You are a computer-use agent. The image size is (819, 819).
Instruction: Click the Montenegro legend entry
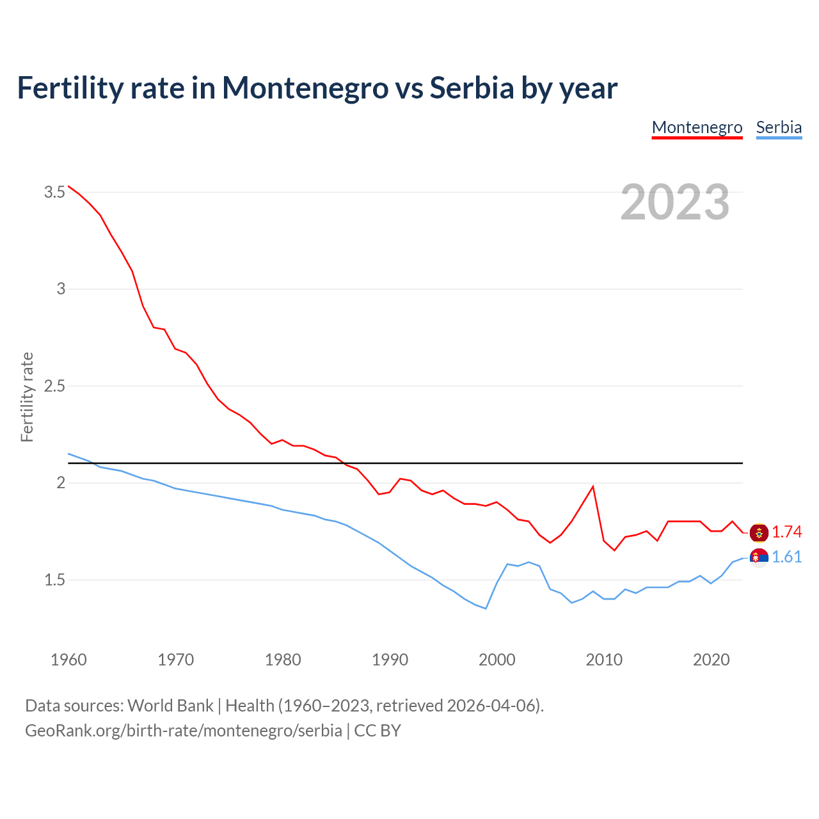tap(697, 127)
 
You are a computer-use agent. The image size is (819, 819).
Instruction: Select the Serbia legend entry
tap(779, 127)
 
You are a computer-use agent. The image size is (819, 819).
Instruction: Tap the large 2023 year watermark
tap(675, 202)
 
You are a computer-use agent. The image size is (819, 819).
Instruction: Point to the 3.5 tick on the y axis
tap(54, 192)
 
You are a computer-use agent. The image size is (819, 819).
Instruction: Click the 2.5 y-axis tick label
tap(54, 386)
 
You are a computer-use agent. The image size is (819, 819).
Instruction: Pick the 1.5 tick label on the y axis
tap(54, 580)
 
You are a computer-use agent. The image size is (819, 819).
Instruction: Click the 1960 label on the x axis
tap(68, 660)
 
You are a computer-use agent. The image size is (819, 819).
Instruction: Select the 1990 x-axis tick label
tap(390, 660)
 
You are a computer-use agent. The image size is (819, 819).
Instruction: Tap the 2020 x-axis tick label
tap(711, 660)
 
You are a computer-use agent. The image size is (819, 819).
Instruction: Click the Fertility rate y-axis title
tap(27, 397)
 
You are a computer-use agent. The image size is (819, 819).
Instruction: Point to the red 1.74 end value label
tap(786, 532)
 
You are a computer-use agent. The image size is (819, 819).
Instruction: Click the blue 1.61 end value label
tap(786, 557)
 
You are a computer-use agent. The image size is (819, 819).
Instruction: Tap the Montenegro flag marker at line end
tap(759, 532)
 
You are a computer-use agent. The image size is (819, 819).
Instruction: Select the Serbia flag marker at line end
tap(759, 557)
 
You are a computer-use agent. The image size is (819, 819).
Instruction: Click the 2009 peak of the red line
tap(593, 486)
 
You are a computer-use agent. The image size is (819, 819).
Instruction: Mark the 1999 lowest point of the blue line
tap(486, 608)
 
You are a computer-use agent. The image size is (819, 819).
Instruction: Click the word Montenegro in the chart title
tap(305, 88)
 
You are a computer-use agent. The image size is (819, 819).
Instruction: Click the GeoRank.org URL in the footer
tap(183, 731)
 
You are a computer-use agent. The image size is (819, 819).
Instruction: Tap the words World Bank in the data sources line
tap(170, 706)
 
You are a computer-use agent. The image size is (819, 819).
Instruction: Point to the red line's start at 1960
tap(68, 186)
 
